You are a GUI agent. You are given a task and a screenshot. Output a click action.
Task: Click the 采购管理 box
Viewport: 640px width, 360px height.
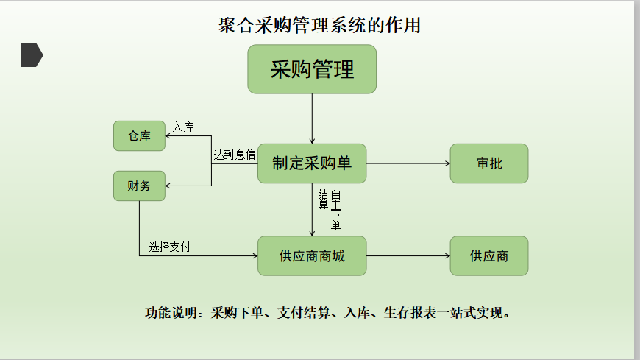pos(312,69)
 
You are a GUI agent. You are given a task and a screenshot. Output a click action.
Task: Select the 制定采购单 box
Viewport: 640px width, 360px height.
pos(312,163)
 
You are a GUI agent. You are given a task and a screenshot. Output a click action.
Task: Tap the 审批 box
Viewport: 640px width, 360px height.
pos(489,163)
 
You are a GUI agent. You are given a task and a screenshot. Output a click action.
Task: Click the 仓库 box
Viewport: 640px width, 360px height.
pos(139,135)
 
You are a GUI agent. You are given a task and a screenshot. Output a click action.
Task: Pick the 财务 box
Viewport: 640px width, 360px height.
pos(139,186)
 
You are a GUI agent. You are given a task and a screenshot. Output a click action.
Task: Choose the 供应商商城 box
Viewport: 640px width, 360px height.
pos(312,255)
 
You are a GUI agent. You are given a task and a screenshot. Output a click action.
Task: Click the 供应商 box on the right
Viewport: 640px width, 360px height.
pos(489,255)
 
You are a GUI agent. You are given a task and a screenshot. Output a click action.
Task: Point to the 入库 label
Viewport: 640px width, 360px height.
pos(183,127)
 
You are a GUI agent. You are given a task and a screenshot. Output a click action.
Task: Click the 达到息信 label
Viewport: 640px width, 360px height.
pos(234,155)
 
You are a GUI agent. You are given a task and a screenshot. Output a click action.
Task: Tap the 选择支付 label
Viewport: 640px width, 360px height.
pos(169,247)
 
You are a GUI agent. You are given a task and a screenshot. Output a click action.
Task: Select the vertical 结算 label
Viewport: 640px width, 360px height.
pos(323,199)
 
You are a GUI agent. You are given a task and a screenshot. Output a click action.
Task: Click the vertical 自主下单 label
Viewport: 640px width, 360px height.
pos(335,210)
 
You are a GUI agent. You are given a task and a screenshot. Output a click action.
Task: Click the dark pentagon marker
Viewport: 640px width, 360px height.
pos(32,54)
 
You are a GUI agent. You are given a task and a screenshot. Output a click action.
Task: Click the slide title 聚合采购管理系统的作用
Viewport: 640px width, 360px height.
pos(319,25)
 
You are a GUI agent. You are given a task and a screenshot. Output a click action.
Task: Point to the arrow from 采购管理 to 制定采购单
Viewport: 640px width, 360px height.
pos(312,119)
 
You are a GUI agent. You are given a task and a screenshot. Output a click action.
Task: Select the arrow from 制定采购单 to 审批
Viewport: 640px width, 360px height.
pos(408,163)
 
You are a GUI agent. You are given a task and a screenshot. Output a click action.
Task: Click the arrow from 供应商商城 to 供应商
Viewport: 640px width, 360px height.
pos(408,255)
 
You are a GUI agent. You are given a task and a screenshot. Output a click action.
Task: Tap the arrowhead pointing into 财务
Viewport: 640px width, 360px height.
pos(168,186)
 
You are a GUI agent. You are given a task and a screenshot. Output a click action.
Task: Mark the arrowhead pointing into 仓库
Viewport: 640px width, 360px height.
pos(168,135)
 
